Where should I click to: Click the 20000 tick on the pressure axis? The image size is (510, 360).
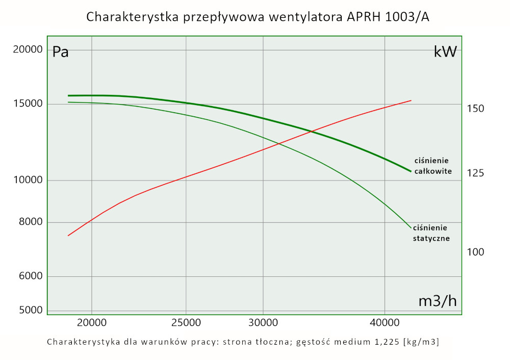click(28, 49)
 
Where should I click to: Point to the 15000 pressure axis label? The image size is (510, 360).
click(28, 104)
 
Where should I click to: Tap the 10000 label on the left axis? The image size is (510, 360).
click(28, 181)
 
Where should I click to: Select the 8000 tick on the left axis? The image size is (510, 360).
click(31, 222)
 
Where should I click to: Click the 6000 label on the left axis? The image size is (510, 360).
click(31, 276)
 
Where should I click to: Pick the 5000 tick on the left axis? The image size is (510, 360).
click(31, 311)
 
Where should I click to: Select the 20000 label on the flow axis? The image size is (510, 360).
click(91, 322)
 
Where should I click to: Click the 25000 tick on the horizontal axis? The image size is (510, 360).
click(186, 322)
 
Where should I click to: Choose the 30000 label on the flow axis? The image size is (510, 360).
click(263, 322)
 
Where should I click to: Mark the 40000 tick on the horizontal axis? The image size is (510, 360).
click(384, 322)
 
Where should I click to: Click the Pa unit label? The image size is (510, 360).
click(61, 52)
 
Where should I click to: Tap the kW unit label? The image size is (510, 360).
click(445, 52)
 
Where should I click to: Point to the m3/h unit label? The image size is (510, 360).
click(438, 301)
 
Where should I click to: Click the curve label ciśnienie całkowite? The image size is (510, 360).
click(433, 166)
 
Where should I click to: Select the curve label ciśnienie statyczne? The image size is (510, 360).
click(431, 233)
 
